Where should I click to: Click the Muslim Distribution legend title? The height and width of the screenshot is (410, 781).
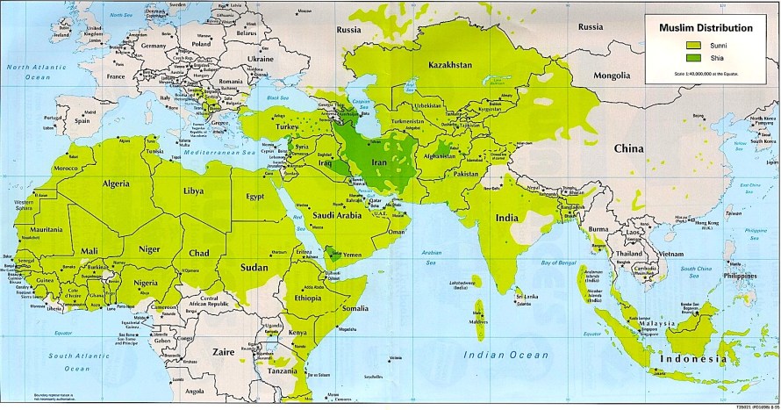[706, 28]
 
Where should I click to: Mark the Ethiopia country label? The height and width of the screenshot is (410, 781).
[310, 298]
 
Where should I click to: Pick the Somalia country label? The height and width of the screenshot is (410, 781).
[355, 308]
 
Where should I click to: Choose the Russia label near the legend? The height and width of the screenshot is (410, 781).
[591, 26]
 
